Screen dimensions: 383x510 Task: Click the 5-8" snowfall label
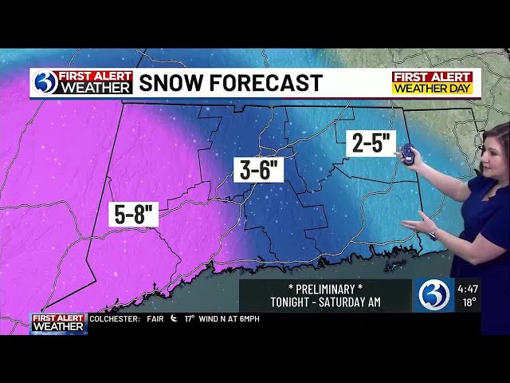(134, 214)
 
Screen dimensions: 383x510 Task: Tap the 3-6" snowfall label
(258, 169)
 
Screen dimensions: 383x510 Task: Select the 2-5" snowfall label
(371, 144)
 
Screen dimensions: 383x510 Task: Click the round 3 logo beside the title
(45, 82)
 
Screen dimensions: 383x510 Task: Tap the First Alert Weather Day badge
(433, 83)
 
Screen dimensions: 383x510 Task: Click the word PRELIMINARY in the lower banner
(325, 287)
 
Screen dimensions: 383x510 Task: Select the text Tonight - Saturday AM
(325, 302)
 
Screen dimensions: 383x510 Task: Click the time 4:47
(468, 288)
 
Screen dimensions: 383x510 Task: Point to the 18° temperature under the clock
(467, 303)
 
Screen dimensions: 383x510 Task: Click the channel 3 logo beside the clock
(433, 295)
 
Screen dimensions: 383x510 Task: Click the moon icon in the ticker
(173, 319)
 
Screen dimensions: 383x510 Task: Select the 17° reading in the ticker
(190, 319)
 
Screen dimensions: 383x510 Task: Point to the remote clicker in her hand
(407, 153)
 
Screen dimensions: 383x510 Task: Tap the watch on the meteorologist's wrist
(433, 233)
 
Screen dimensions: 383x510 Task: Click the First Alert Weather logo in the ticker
(58, 322)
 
